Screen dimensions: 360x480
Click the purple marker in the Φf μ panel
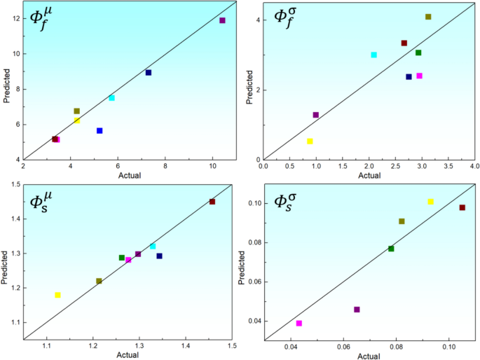pos(222,20)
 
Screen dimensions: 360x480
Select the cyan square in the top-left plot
pos(111,98)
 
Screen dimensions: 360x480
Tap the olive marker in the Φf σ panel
pos(428,17)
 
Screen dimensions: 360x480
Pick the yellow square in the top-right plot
pos(310,141)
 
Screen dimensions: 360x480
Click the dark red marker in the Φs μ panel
pos(212,202)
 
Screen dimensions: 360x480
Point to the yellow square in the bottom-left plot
pos(57,296)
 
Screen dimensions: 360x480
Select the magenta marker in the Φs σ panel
pos(299,324)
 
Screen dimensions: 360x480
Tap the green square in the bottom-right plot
pos(391,249)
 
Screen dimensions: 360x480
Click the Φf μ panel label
pos(47,25)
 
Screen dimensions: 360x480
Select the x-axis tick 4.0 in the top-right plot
pos(474,167)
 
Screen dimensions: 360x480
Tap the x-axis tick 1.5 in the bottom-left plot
pos(232,347)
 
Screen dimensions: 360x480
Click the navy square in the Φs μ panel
pos(159,256)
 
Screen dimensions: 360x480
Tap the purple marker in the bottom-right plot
pos(357,310)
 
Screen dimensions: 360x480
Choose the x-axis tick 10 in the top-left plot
pos(212,167)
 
